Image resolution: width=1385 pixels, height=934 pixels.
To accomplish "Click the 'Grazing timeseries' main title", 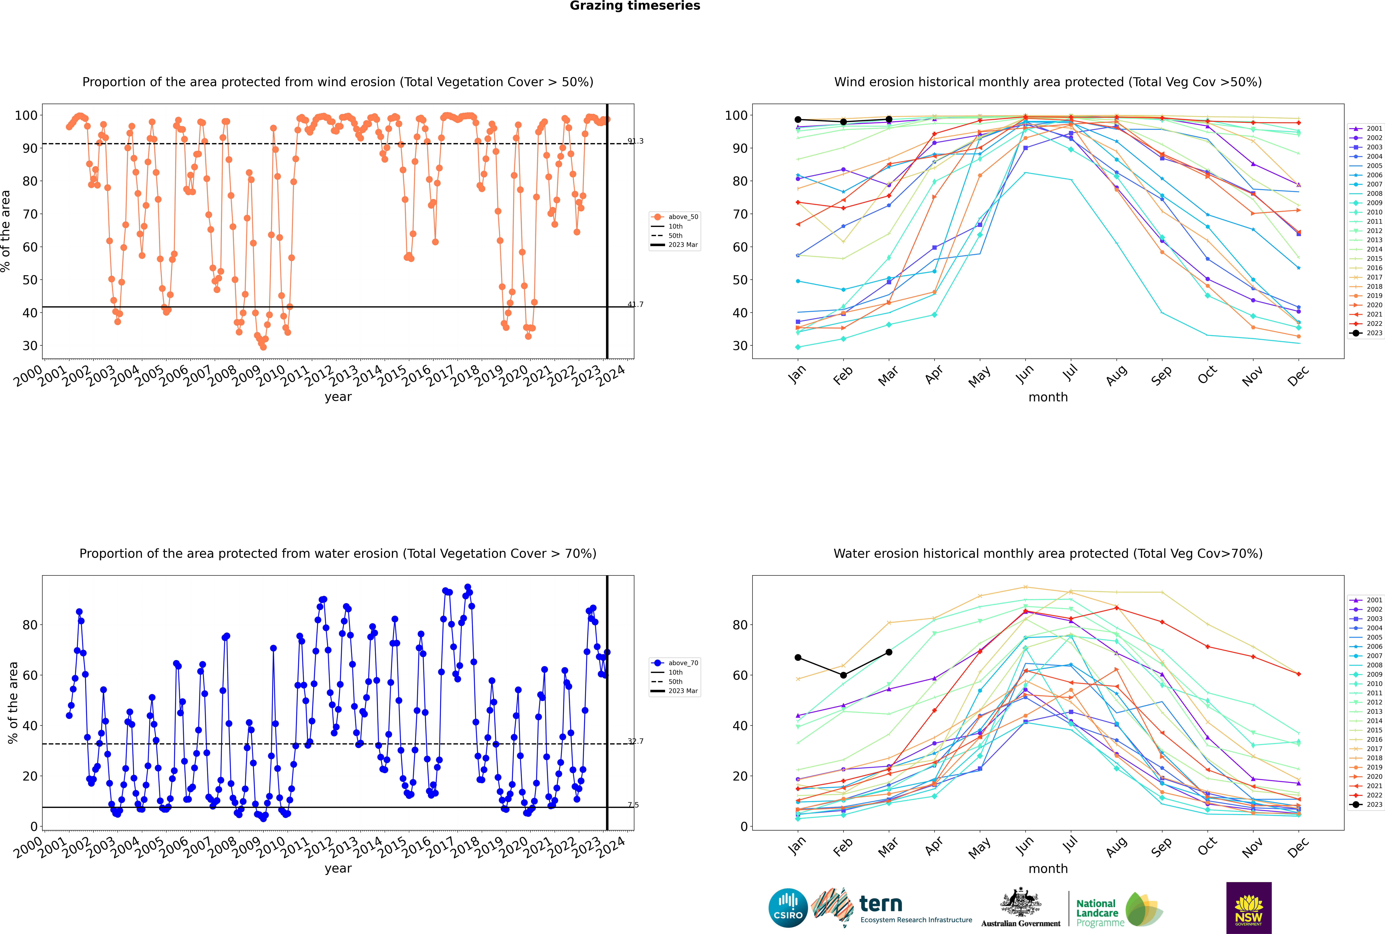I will click(x=635, y=6).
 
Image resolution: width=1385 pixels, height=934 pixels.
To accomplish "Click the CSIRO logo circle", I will click(x=788, y=908).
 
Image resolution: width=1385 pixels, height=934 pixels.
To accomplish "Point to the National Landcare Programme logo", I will click(x=1118, y=910).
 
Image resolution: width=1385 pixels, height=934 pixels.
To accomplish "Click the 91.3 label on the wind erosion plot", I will click(x=635, y=141).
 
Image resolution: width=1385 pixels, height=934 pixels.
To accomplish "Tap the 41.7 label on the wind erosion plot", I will click(x=635, y=304).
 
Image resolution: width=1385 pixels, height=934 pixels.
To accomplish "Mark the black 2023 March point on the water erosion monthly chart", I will click(x=889, y=652).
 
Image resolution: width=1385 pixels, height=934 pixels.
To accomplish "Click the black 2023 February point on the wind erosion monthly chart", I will click(x=843, y=122).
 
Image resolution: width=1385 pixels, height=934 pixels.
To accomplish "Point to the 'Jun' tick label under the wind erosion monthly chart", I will click(x=1024, y=374).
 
